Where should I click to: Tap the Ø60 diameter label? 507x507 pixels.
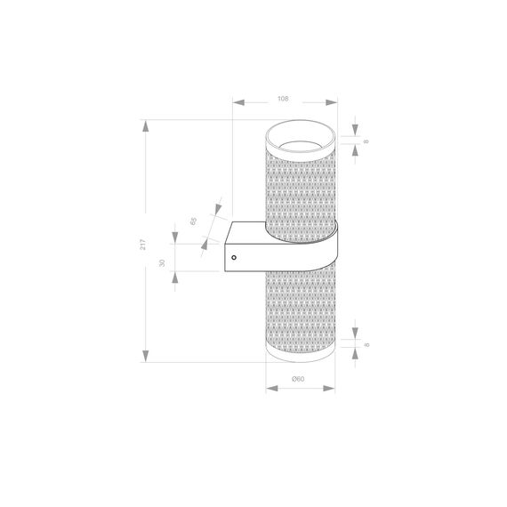coord(299,379)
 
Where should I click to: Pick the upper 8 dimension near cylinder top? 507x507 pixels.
coord(366,141)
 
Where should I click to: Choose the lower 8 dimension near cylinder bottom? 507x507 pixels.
coord(366,341)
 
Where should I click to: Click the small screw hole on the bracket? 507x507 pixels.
coord(234,258)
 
